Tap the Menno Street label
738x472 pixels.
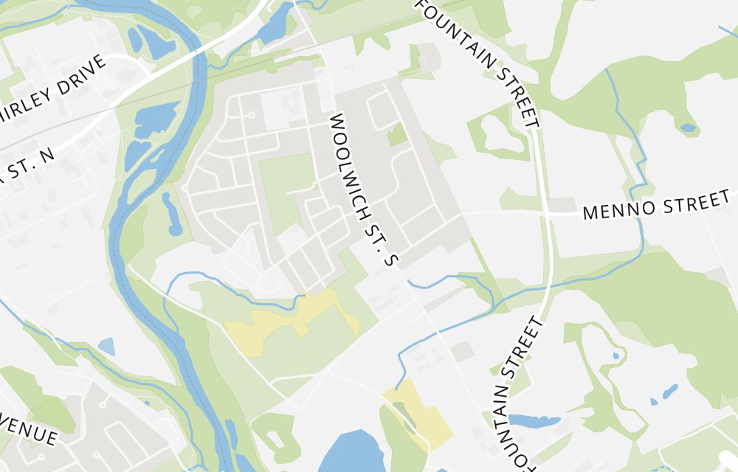point(656,204)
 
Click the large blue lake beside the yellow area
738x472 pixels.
point(351,452)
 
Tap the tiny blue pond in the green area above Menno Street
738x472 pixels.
point(688,128)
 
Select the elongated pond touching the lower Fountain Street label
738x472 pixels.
point(533,421)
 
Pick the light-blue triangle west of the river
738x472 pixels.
point(106,345)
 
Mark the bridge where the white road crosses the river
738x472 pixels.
point(198,53)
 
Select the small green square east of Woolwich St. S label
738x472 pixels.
point(397,135)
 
